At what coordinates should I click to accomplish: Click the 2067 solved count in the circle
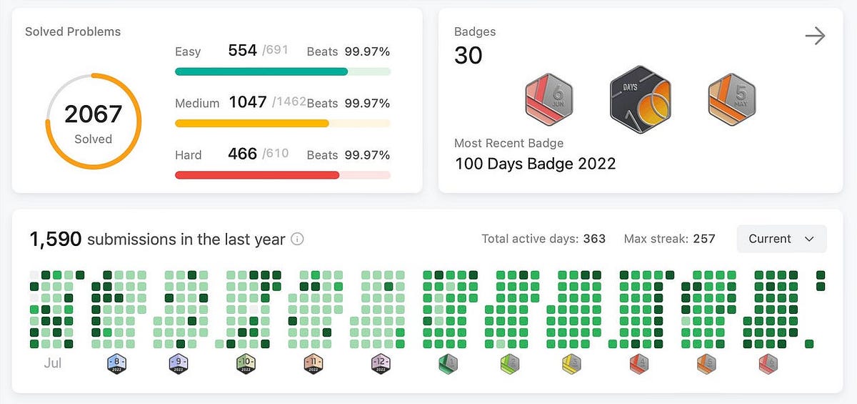coord(93,114)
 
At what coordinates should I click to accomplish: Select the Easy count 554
coord(242,51)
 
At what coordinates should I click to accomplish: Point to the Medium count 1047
coord(247,102)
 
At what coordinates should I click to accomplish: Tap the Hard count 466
coord(242,154)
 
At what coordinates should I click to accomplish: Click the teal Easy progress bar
coord(261,72)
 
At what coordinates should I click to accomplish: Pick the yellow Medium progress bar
coord(251,123)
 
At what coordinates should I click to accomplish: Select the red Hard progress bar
coord(256,175)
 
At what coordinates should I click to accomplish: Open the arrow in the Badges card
coord(815,36)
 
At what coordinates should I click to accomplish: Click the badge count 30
coord(468,56)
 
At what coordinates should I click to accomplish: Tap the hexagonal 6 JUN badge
coord(548,101)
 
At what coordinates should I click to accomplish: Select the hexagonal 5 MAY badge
coord(732,101)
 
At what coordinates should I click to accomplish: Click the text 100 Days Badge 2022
coord(535,163)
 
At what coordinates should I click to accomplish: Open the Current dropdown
coord(781,239)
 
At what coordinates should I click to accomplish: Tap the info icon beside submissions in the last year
coord(297,240)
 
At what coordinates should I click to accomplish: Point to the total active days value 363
coord(594,239)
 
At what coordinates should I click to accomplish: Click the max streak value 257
coord(703,239)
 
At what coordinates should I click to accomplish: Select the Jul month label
coord(53,363)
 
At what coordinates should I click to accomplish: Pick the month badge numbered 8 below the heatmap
coord(116,364)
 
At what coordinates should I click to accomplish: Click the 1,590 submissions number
coord(56,239)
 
